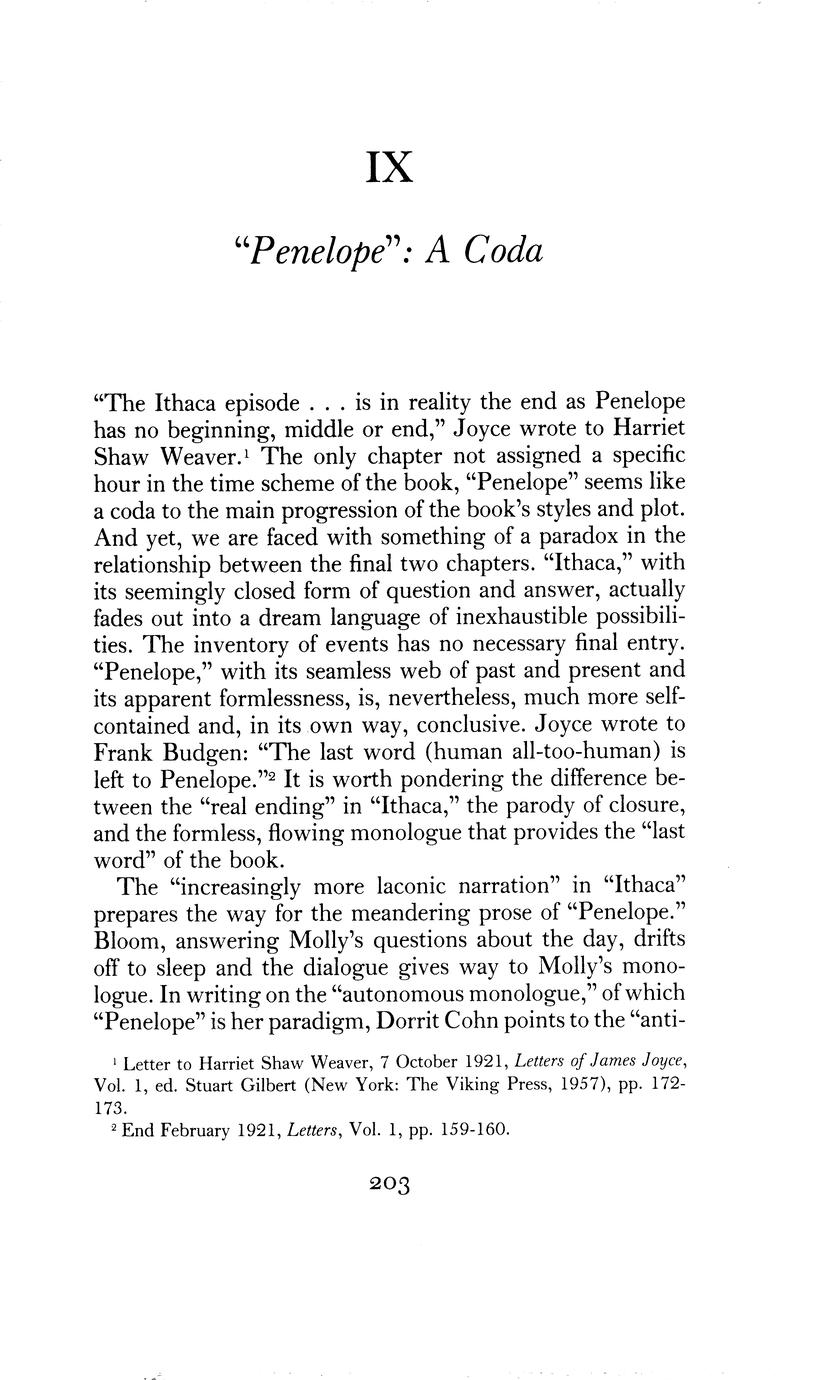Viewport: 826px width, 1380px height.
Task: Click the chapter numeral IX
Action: click(x=390, y=167)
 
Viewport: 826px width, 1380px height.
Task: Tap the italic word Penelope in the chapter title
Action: click(x=300, y=250)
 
